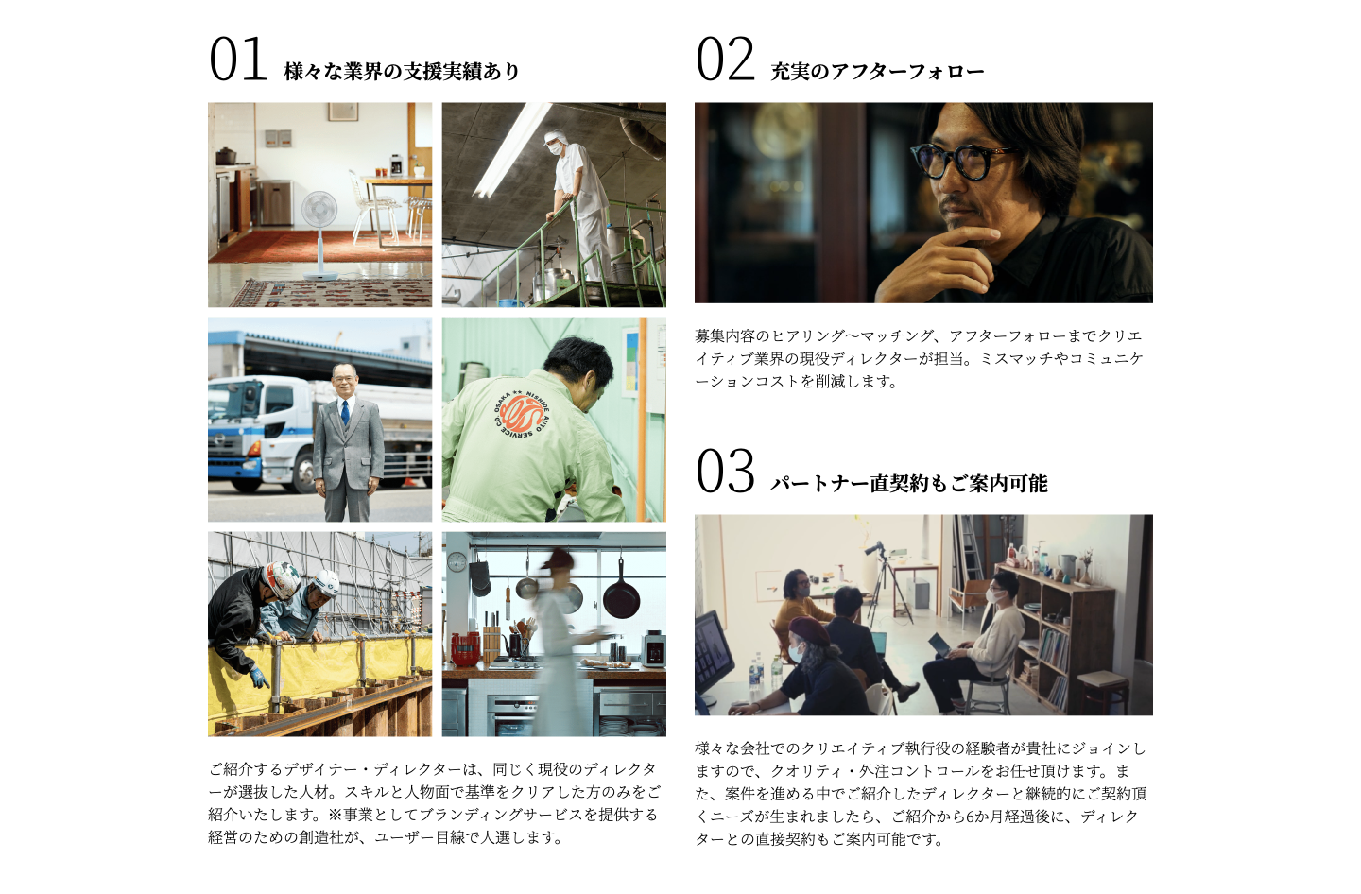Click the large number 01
(237, 60)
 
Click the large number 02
(725, 60)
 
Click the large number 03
(725, 472)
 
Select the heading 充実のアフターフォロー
(877, 72)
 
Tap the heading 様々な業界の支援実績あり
(402, 72)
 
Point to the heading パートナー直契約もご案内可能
(908, 484)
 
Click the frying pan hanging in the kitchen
(621, 594)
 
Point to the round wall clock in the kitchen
(457, 562)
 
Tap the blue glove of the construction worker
(259, 677)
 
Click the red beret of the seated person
(808, 628)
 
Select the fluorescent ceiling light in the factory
(511, 151)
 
